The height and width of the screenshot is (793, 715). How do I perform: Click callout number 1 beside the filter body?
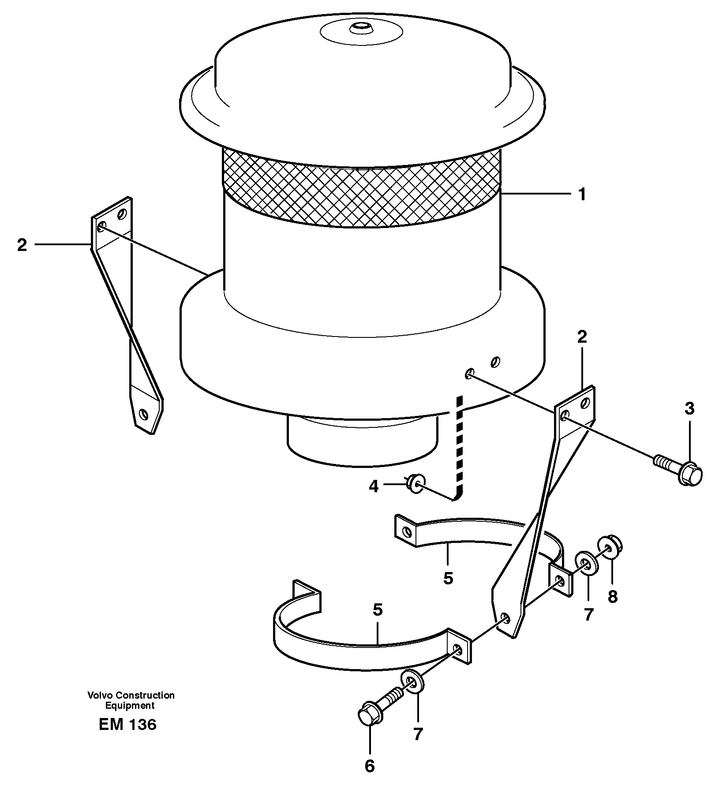coord(582,195)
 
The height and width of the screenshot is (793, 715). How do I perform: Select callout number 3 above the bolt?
coord(689,408)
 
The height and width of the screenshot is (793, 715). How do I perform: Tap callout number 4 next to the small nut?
coord(374,487)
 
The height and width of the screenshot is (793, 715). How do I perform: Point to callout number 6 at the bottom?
coord(370,766)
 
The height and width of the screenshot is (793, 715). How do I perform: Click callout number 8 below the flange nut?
coord(612,597)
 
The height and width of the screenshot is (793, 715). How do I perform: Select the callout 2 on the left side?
coord(22,245)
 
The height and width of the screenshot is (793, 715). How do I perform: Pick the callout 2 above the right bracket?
coord(582,337)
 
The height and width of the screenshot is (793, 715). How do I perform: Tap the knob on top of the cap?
coord(361,29)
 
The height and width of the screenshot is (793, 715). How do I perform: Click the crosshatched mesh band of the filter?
coord(362,190)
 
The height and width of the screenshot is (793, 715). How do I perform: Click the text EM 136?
coord(127,725)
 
